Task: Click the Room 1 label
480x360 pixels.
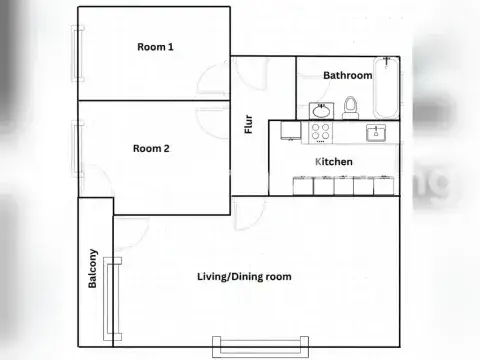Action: coord(155,47)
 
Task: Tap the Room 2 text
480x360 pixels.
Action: coord(151,148)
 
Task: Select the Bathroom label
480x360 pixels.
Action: coord(347,75)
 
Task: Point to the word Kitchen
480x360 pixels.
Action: coord(333,161)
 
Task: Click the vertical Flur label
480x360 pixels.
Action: coord(249,125)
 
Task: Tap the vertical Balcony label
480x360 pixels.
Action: coord(93,268)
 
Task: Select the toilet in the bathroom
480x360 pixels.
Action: coord(350,106)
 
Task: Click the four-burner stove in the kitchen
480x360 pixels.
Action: coord(322,132)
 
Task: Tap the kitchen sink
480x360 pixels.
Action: coord(377,132)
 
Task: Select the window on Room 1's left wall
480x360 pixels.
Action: coord(76,56)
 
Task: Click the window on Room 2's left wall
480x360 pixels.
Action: coord(76,149)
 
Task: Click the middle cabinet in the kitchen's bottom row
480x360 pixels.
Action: coord(343,186)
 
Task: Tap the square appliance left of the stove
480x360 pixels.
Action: coord(291,132)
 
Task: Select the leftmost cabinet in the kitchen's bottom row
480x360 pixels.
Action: coord(302,186)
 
